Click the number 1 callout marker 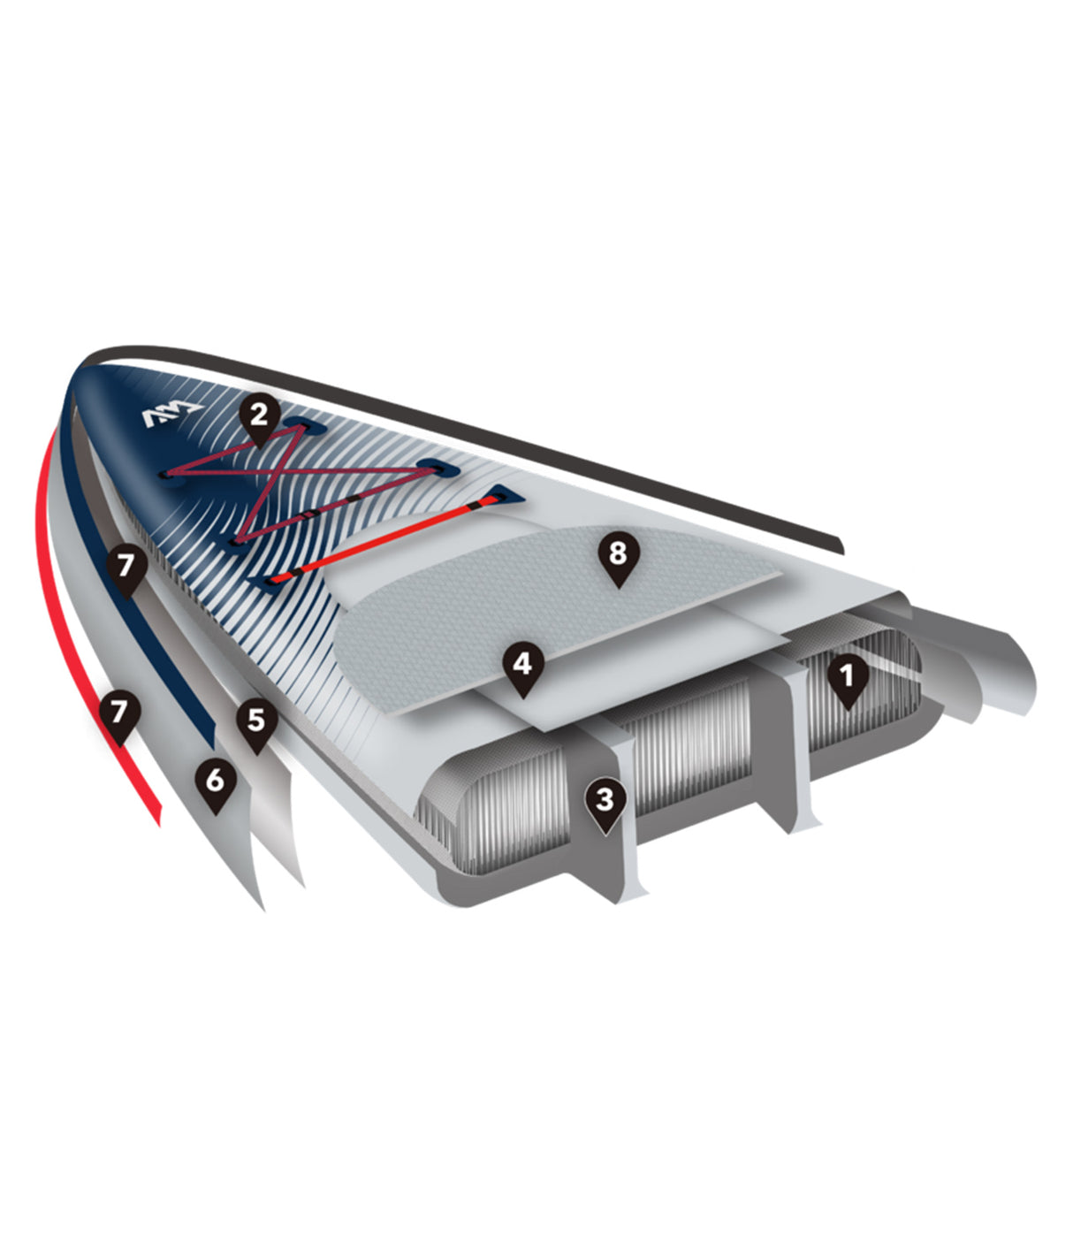point(848,680)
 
